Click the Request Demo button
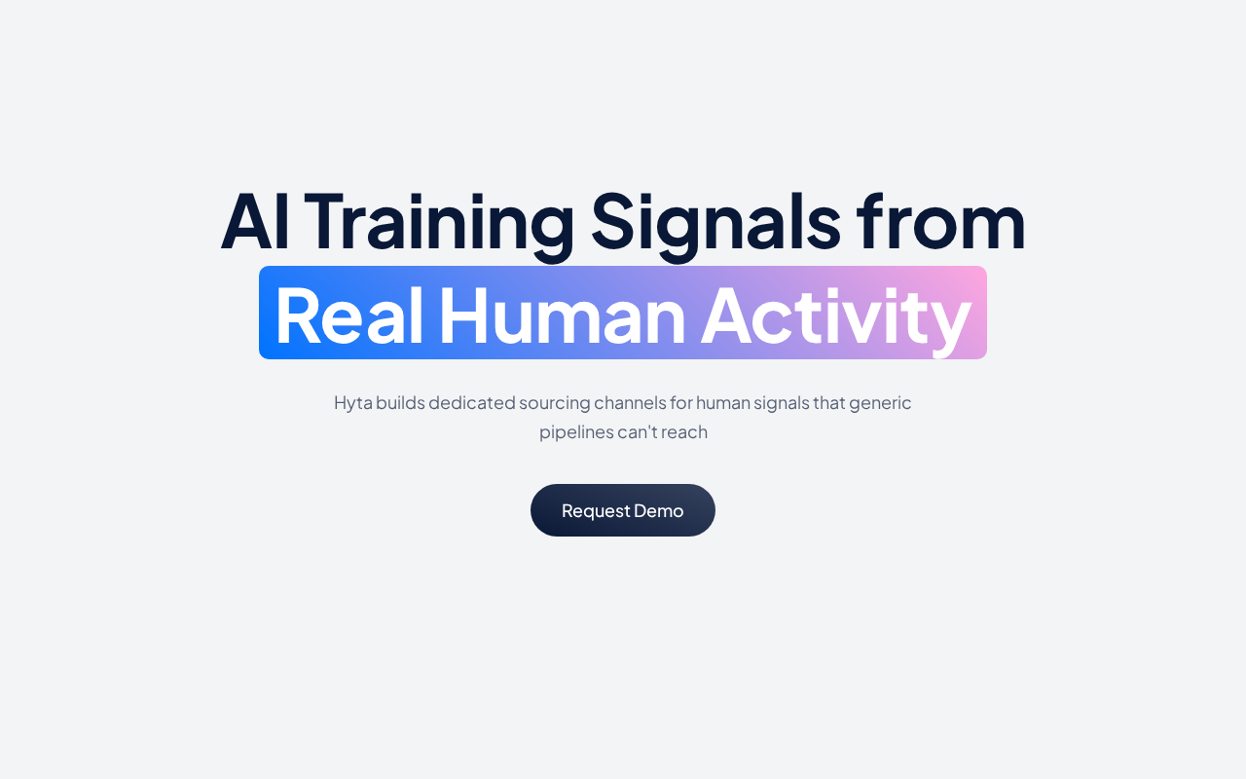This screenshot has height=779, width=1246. pos(622,510)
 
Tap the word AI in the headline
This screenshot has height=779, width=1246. pos(255,221)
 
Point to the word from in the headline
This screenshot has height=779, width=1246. pos(940,221)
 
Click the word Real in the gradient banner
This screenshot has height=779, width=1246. pos(348,315)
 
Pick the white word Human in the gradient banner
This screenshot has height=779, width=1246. pos(562,315)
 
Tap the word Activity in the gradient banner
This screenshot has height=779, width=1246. pos(836,321)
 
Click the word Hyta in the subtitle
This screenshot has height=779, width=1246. pos(353,403)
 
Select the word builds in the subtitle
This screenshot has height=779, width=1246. pos(400,402)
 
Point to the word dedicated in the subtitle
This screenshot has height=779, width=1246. pos(472,402)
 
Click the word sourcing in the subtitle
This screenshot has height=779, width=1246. pos(555,404)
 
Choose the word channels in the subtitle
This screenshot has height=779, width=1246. pos(630,402)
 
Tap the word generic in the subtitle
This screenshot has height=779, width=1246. pos(880,404)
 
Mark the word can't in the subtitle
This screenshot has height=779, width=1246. pos(637,431)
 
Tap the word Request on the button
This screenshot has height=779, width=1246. pos(596,511)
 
